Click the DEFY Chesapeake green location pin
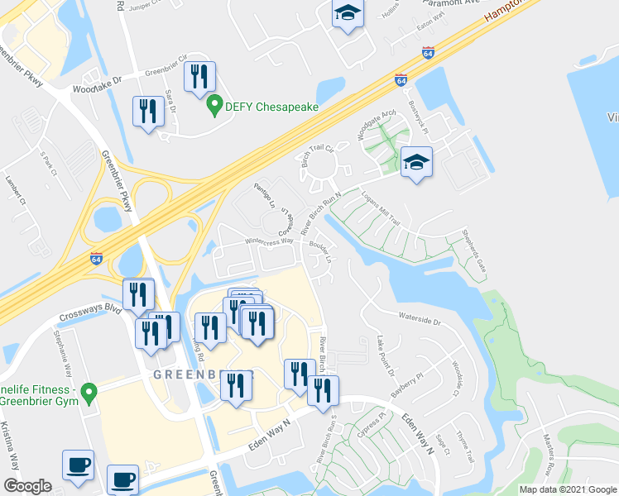tap(214, 107)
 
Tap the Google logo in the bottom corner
tap(26, 486)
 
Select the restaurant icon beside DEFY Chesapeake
tap(199, 78)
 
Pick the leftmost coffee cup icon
tap(79, 464)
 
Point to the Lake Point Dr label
tap(386, 355)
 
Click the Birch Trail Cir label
tap(316, 153)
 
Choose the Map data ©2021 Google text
tap(567, 489)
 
